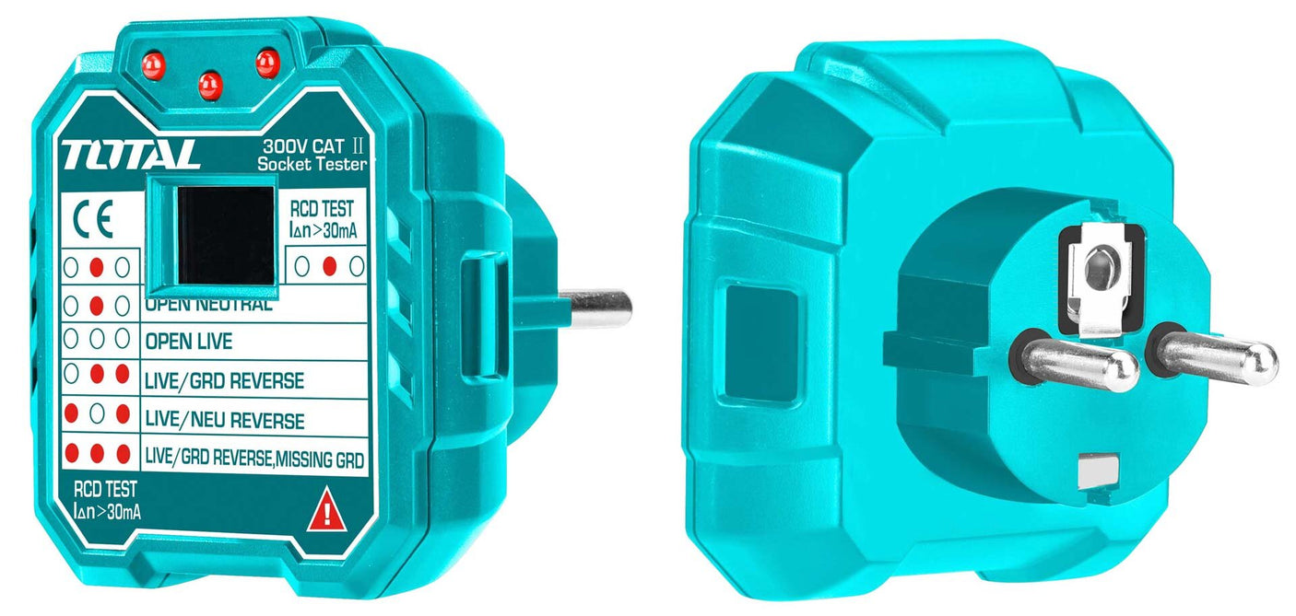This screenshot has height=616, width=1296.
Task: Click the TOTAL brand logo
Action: [x=130, y=154]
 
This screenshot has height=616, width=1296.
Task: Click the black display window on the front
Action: [x=226, y=235]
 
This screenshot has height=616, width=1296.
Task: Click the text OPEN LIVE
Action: [x=188, y=342]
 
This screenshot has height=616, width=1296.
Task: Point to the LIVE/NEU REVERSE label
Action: [x=224, y=421]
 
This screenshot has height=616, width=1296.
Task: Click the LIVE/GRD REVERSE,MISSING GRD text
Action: [x=254, y=457]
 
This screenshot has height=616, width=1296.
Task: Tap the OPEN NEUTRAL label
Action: [x=208, y=305]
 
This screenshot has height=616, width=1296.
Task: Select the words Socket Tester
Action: [x=311, y=164]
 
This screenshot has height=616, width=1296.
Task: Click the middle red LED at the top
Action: [x=210, y=85]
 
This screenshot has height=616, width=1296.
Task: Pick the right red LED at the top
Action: [x=267, y=63]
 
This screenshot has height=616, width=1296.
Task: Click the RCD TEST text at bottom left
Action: [x=104, y=491]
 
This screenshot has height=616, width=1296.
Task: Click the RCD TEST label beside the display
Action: [x=321, y=209]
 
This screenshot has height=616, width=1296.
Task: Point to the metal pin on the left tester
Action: [x=595, y=307]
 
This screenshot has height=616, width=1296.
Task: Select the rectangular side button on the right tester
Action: [x=760, y=343]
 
